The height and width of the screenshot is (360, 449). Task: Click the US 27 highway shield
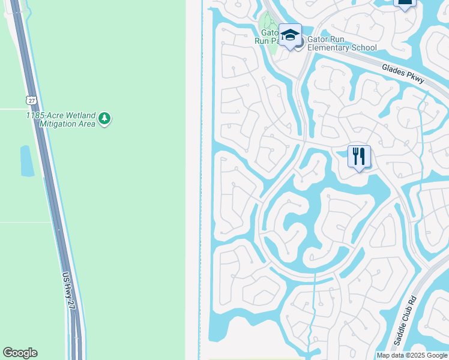pyautogui.click(x=31, y=100)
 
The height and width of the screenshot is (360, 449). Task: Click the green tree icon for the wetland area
pyautogui.click(x=105, y=118)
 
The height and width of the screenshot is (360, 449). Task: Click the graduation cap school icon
pyautogui.click(x=290, y=35)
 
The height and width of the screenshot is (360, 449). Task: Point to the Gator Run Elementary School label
pyautogui.click(x=342, y=43)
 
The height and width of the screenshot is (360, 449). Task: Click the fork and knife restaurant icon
pyautogui.click(x=359, y=157)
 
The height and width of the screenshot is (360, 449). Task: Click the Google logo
pyautogui.click(x=20, y=353)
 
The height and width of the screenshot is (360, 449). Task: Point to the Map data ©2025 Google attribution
pyautogui.click(x=412, y=355)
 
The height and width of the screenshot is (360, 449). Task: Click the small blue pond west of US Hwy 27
pyautogui.click(x=27, y=161)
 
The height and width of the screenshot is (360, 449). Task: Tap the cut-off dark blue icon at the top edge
pyautogui.click(x=405, y=3)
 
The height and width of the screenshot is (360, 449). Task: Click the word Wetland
pyautogui.click(x=81, y=115)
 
